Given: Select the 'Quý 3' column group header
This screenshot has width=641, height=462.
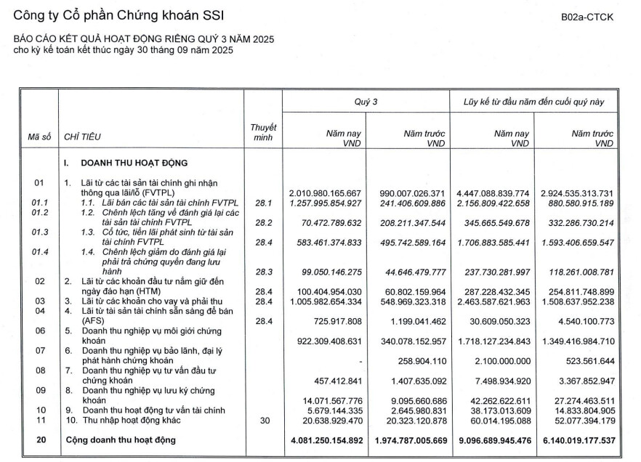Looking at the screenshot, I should (x=366, y=102).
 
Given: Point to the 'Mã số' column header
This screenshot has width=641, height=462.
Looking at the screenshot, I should (x=38, y=136).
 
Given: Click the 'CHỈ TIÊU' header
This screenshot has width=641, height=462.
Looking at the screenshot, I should (x=82, y=136).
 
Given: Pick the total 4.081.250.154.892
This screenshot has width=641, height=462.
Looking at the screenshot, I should (x=323, y=439).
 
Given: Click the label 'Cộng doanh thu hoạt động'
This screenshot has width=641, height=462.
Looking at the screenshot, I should (x=121, y=439).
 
